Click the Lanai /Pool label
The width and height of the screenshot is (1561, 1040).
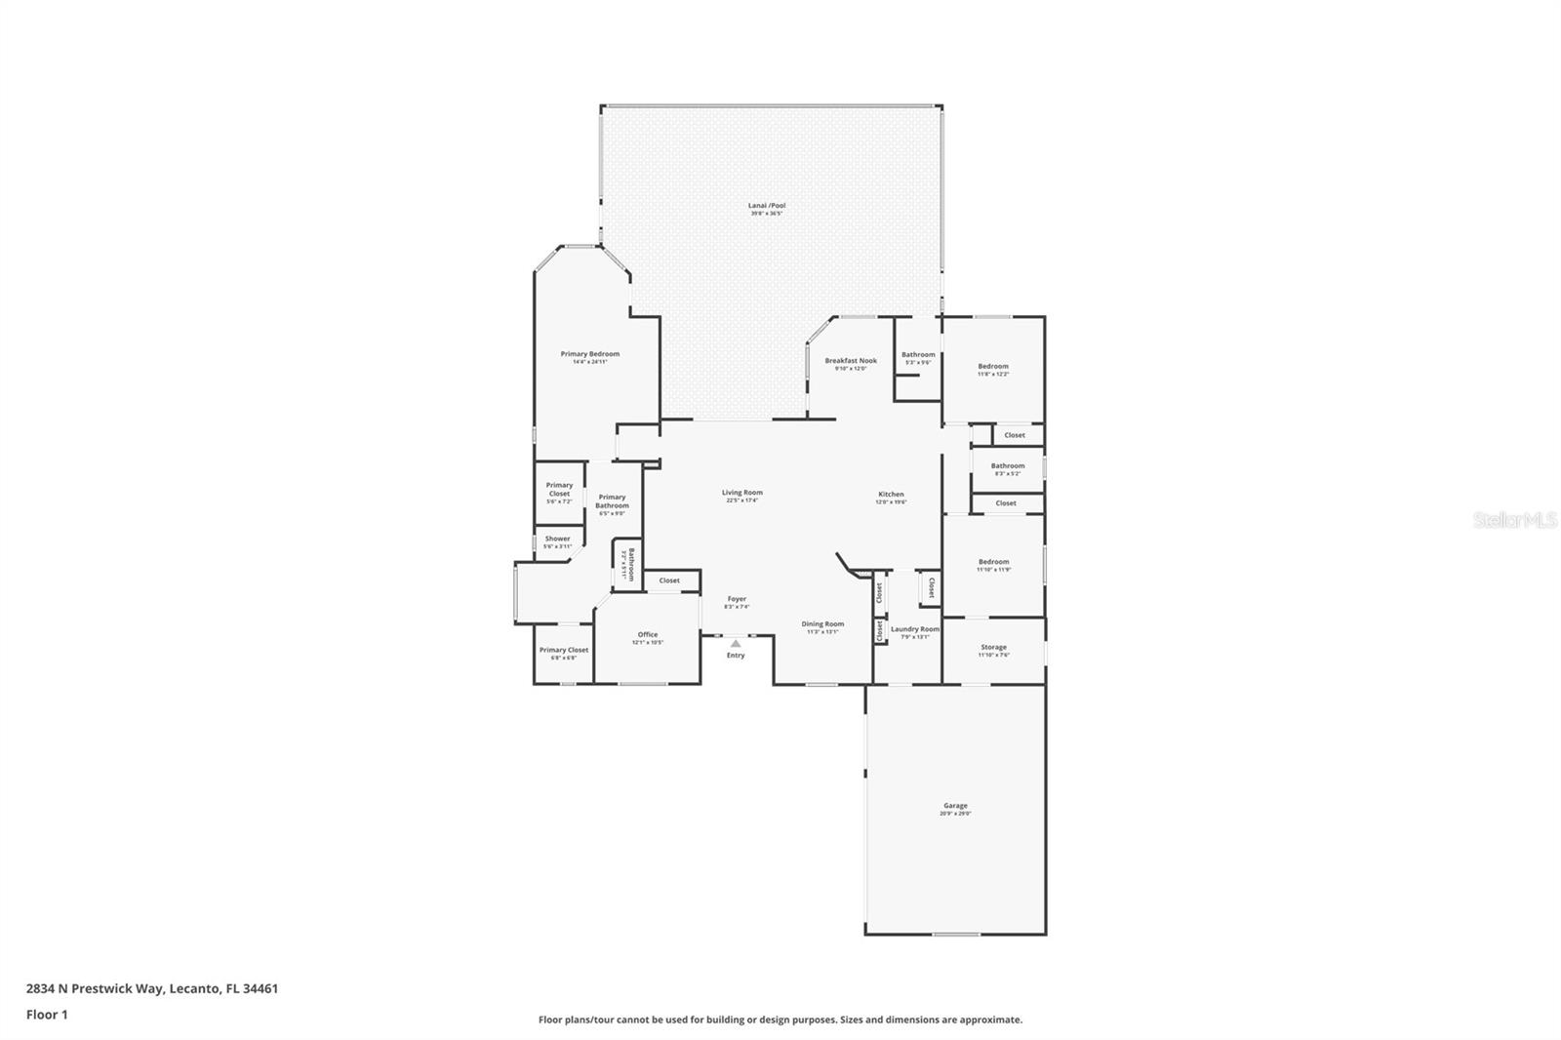(767, 206)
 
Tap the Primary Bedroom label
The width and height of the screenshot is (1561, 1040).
(589, 354)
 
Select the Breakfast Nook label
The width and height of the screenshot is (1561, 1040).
(851, 360)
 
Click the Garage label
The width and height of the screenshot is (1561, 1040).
(955, 806)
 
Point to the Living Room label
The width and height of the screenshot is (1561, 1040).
(742, 493)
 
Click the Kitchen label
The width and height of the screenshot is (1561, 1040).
(891, 495)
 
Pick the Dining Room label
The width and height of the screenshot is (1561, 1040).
(822, 623)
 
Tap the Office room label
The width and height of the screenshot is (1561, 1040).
(648, 634)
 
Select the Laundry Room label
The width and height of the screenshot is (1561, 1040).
(914, 629)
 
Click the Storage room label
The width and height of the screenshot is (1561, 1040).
(993, 647)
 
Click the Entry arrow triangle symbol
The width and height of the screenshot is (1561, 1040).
(736, 643)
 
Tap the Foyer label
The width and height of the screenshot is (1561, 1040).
(737, 599)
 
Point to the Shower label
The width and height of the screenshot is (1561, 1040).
(557, 539)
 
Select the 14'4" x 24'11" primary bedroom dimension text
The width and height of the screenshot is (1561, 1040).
(589, 362)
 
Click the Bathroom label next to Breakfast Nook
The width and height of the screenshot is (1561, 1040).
(918, 354)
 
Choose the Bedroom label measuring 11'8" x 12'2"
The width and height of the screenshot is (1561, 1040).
(993, 366)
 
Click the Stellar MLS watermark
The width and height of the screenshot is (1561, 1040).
(1514, 521)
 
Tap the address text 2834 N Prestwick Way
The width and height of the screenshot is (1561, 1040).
(152, 988)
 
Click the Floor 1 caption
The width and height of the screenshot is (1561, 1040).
(47, 1015)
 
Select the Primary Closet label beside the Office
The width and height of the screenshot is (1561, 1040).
(564, 650)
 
